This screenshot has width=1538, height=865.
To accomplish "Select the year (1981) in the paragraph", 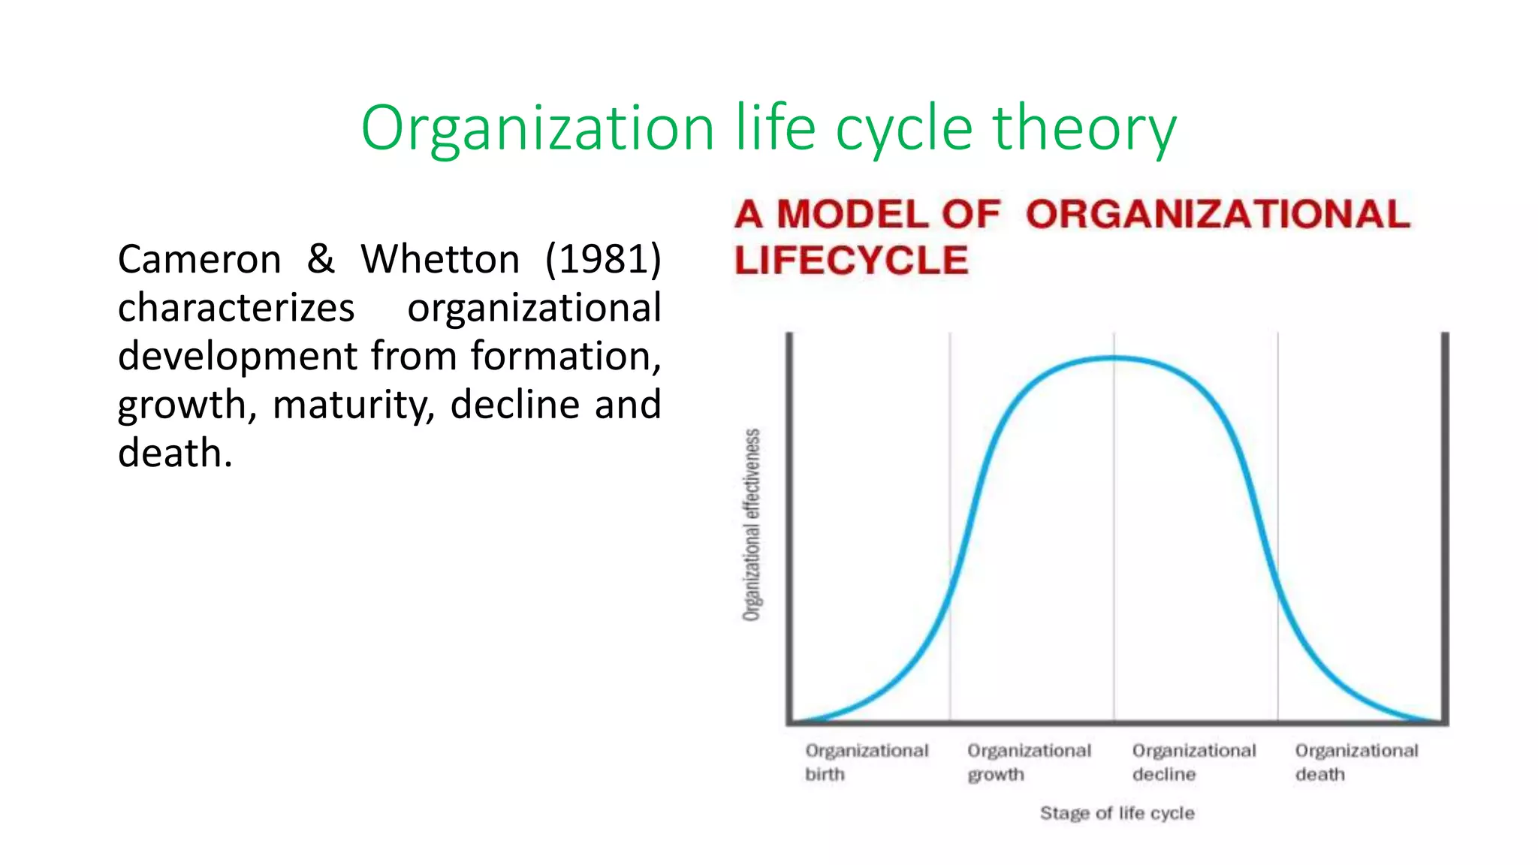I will coord(603,260).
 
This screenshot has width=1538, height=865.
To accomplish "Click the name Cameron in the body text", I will coord(199,260).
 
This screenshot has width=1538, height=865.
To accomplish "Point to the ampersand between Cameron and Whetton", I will coord(321,259).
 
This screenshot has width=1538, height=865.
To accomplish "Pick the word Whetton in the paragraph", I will coord(440,260).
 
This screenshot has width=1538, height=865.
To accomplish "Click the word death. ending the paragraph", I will coord(175,454).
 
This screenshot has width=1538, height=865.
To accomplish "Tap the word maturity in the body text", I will coord(353,405).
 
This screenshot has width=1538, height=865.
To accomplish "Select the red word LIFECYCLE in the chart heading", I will coord(851,261).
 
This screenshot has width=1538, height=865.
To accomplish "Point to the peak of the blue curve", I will coord(1114,358).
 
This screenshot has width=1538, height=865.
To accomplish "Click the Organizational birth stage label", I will coord(866,762).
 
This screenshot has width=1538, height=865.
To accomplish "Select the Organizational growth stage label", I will coord(1029,762).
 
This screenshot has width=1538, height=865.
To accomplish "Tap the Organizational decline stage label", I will coord(1193,762).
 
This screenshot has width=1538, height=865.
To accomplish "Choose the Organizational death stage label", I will coord(1356,762).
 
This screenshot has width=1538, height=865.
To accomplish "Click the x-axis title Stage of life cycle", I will coord(1117,813).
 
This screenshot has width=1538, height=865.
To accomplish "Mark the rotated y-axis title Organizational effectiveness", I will coord(752,525).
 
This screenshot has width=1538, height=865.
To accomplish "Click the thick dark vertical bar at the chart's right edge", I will coord(1444,526).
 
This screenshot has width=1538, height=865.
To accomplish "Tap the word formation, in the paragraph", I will coord(565,357).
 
